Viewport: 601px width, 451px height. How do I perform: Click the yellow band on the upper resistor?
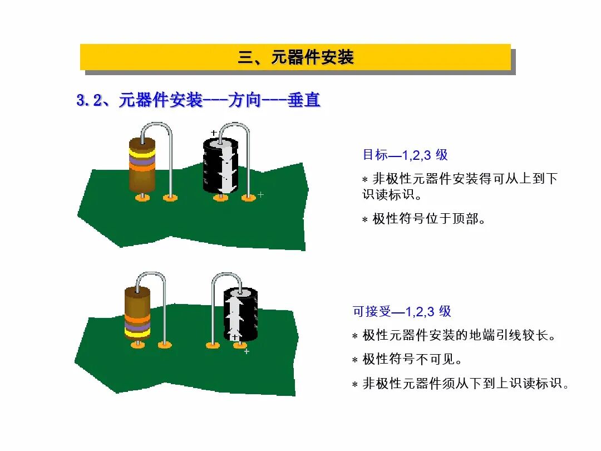[x=142, y=150]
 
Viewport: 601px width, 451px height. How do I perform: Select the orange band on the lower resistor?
[x=137, y=320]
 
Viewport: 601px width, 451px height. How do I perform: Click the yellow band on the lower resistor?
[x=137, y=332]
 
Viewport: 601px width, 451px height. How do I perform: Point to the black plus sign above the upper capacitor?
[x=214, y=133]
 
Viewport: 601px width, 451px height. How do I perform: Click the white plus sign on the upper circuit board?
[x=260, y=194]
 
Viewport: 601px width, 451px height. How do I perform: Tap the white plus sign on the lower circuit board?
[x=247, y=351]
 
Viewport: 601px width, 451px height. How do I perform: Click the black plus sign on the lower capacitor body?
[x=235, y=337]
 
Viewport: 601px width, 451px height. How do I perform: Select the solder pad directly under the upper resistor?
[x=142, y=198]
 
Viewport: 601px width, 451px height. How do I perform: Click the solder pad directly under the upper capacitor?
[x=221, y=198]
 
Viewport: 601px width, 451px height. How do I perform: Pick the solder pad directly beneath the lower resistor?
[x=137, y=345]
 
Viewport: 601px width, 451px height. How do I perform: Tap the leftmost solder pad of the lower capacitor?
[x=213, y=345]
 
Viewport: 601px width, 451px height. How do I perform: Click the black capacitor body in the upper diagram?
[x=220, y=167]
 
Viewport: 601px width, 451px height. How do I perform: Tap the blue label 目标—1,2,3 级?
[x=405, y=155]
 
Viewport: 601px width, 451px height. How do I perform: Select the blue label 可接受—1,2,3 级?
[x=402, y=311]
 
